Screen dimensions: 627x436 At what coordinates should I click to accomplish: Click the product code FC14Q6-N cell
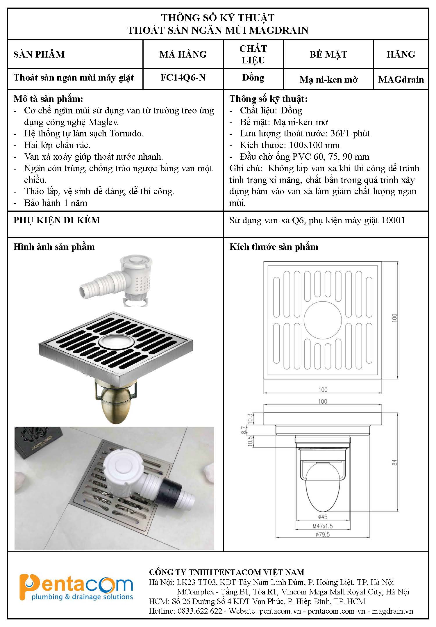pos(183,78)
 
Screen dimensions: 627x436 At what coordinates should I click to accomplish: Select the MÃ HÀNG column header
pos(183,54)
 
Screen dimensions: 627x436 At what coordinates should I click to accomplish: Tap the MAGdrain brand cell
pos(401,79)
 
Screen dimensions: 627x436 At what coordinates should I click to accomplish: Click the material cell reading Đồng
pos(253,78)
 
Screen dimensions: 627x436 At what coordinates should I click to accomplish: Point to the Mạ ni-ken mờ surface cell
pos(328,79)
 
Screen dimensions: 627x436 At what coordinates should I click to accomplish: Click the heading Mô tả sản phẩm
pos(48,99)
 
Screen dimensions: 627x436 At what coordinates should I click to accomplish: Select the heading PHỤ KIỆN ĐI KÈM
pos(57,220)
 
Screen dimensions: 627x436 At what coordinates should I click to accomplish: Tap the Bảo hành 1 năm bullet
pos(56,203)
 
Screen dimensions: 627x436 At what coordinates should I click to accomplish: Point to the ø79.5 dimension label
pos(323,534)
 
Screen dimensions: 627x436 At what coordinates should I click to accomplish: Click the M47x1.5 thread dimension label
pos(323,526)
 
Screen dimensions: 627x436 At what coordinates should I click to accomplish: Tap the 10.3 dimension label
pos(250,419)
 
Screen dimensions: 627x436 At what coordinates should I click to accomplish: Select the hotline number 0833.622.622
pos(200,611)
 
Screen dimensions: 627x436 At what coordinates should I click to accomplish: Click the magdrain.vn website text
pos(392,611)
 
